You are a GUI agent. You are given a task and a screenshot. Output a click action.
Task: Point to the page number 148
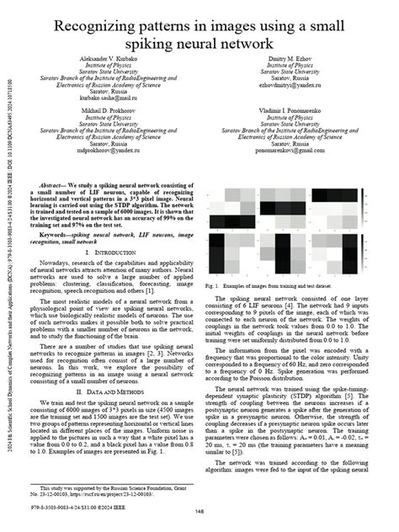[200, 510]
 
